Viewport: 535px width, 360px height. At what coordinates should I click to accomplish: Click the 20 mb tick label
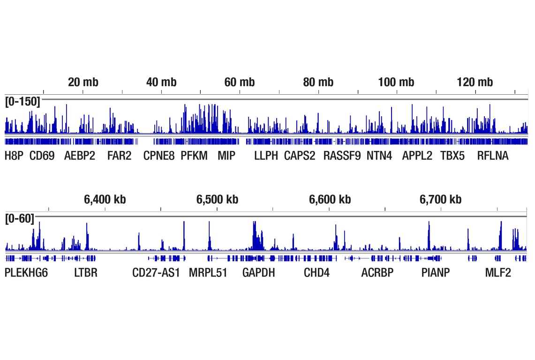(x=83, y=82)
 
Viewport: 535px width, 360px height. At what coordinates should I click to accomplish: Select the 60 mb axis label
(x=240, y=82)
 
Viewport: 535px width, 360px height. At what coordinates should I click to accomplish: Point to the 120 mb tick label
(x=475, y=82)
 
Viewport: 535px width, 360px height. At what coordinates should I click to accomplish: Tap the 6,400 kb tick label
(x=105, y=200)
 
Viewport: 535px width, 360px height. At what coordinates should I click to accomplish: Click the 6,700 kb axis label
(x=440, y=200)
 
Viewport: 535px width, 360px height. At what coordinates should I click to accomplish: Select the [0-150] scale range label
(x=23, y=101)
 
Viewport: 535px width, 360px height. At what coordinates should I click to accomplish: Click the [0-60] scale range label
(x=20, y=218)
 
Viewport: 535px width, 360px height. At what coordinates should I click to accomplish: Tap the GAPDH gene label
(x=258, y=273)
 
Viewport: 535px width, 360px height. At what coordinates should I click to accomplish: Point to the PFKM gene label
(x=194, y=156)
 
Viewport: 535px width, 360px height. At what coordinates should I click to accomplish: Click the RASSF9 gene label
(x=342, y=156)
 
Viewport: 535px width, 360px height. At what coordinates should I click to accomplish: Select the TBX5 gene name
(x=452, y=156)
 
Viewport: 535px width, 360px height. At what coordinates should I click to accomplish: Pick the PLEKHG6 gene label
(x=26, y=273)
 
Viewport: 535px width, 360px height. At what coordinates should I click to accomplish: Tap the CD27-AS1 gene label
(x=156, y=273)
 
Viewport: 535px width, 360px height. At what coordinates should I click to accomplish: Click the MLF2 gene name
(x=498, y=273)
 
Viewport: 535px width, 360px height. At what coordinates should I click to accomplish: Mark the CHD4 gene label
(x=316, y=273)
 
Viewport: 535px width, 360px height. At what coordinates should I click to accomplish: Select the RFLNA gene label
(x=492, y=156)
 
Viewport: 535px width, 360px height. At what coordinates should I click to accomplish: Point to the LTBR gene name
(x=86, y=273)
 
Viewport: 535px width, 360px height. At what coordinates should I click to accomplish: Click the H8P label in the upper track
(x=14, y=156)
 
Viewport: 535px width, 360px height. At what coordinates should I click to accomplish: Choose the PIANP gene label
(x=435, y=273)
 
